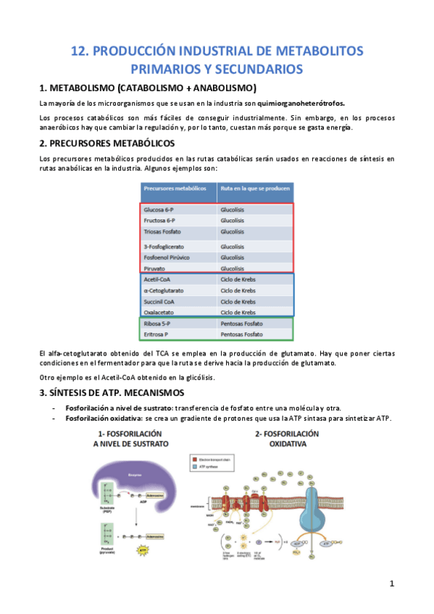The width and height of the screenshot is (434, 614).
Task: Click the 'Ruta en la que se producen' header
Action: click(256, 189)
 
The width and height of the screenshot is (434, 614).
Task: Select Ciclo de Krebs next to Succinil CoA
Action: click(238, 301)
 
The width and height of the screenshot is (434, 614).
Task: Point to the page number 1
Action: click(391, 583)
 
